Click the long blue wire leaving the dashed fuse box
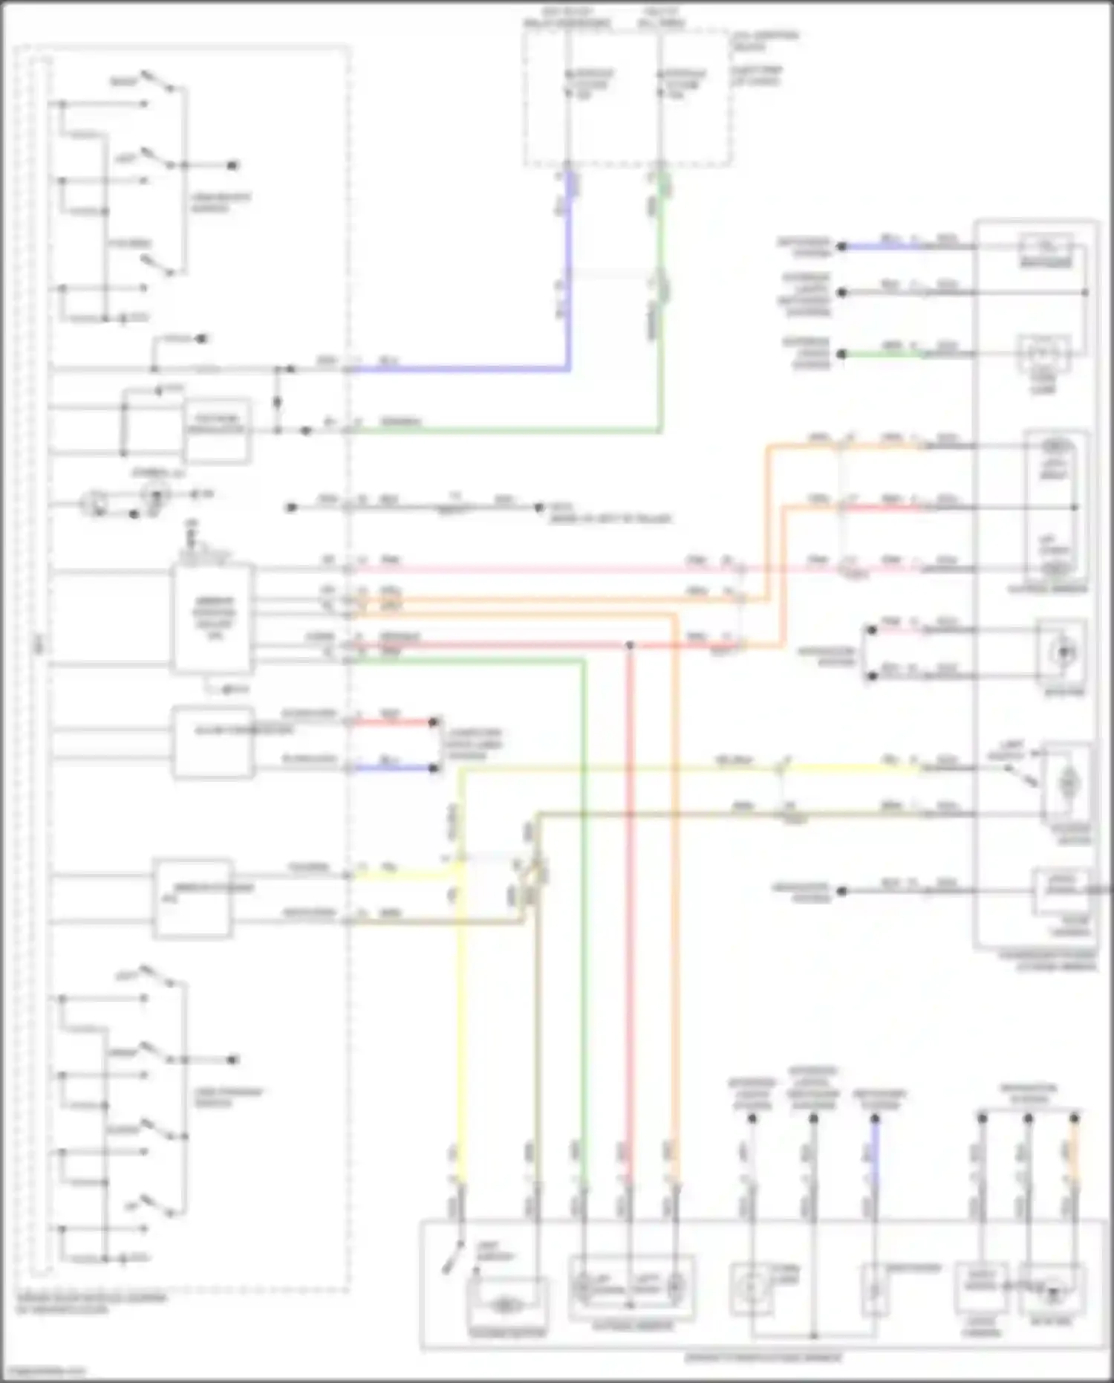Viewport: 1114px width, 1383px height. click(460, 369)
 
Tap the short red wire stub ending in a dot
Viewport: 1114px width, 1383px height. click(394, 722)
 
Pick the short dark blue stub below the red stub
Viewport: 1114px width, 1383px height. click(394, 768)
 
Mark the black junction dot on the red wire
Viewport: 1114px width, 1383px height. click(629, 645)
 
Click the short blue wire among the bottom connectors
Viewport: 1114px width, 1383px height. click(875, 1159)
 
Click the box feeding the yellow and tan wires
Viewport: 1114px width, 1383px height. click(192, 898)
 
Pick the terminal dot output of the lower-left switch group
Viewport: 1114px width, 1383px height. click(232, 1060)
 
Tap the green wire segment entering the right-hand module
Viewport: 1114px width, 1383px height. click(884, 354)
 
